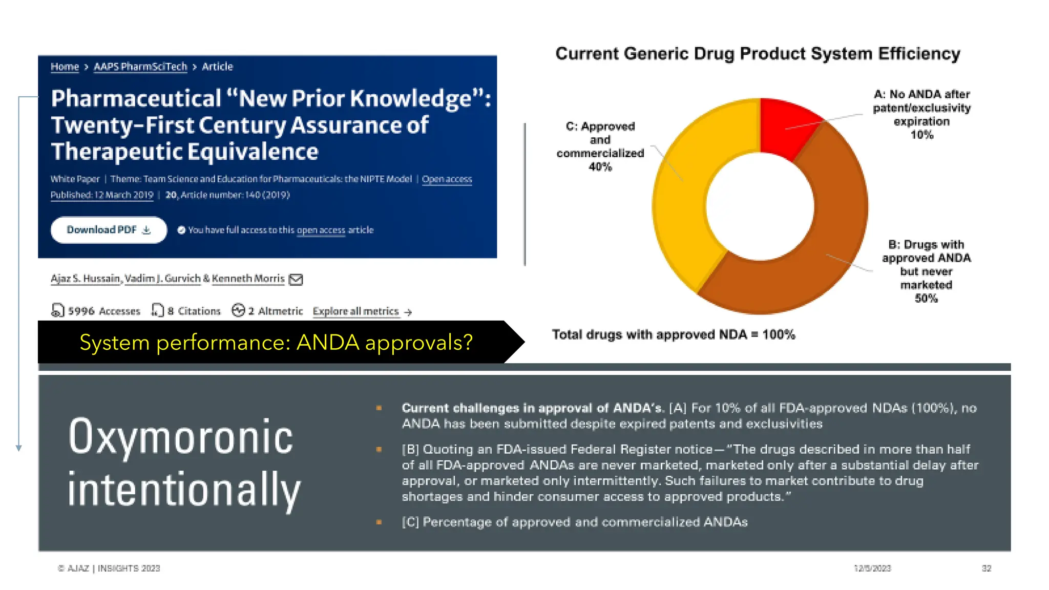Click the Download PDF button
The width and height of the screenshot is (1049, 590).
(109, 230)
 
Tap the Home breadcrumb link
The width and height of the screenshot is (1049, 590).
(65, 67)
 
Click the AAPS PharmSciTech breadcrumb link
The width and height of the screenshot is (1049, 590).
(140, 67)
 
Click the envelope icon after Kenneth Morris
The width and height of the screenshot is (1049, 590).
(296, 279)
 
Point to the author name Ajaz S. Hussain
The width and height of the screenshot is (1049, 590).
(85, 279)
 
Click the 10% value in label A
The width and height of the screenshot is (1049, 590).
(921, 135)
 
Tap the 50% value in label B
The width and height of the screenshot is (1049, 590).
(926, 299)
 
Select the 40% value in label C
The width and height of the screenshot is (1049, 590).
(600, 167)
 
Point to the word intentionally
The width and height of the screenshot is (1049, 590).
(184, 490)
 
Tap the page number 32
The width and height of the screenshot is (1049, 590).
(987, 568)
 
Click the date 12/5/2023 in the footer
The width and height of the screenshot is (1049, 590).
(872, 568)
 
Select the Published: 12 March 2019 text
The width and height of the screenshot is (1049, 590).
(102, 195)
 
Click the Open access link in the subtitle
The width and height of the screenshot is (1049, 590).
(447, 179)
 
